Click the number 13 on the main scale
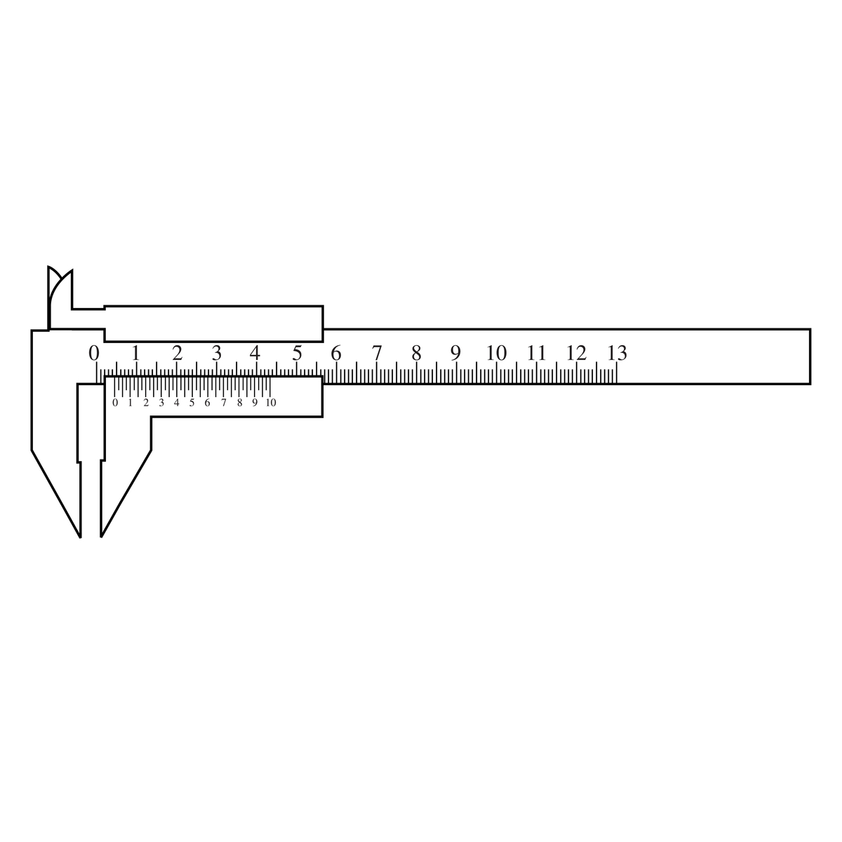(x=617, y=352)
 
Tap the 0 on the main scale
(x=94, y=352)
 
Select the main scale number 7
(x=377, y=352)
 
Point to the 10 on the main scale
(x=496, y=352)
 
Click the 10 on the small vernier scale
(x=270, y=403)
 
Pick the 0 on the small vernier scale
(x=115, y=403)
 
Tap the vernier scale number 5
(x=192, y=403)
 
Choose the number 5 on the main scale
(x=297, y=352)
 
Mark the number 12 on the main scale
(x=577, y=352)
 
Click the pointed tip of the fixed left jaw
(x=80, y=535)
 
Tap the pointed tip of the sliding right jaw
(x=102, y=535)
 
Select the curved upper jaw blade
(x=59, y=295)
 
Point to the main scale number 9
(x=456, y=352)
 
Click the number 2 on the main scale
(x=177, y=352)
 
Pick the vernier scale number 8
(x=239, y=403)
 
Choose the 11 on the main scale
(x=537, y=352)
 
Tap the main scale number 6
(x=336, y=352)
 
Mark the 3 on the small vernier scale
(x=161, y=403)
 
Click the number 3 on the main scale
(x=217, y=352)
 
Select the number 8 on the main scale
(x=417, y=352)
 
